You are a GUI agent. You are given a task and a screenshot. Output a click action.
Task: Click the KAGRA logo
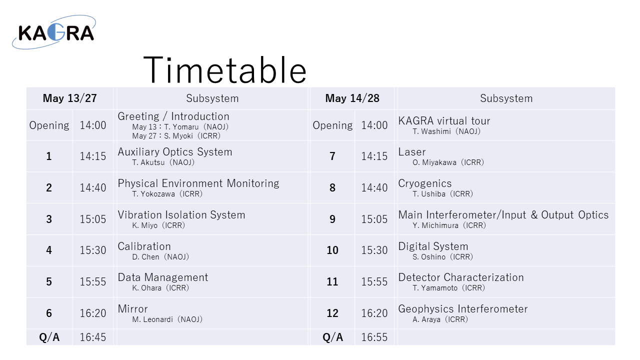[54, 32]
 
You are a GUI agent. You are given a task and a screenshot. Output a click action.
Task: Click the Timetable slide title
[225, 70]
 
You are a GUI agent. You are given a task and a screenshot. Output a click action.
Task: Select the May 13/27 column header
[69, 98]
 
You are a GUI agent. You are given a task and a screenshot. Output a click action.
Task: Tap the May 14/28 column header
[352, 98]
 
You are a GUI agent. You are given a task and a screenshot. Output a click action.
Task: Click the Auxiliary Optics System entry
[175, 151]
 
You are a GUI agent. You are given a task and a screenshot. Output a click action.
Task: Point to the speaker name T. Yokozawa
[153, 194]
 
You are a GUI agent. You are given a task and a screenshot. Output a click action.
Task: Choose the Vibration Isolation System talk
[181, 215]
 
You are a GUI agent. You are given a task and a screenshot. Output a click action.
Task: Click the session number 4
[49, 250]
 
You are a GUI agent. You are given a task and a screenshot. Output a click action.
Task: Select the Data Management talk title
[163, 277]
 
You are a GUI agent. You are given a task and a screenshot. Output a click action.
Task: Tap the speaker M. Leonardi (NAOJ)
[167, 319]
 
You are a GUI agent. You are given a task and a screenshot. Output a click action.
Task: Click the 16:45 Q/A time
[93, 337]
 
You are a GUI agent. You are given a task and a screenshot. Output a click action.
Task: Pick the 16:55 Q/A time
[374, 337]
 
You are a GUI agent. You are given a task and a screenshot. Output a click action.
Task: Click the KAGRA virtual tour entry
[444, 121]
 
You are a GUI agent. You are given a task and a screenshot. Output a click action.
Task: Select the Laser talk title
[412, 152]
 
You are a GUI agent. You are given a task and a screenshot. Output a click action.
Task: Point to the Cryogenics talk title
[425, 183]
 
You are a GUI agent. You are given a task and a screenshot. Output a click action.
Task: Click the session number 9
[332, 219]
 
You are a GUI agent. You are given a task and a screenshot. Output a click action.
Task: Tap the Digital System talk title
[433, 246]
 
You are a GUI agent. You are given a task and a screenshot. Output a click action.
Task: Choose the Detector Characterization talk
[461, 277]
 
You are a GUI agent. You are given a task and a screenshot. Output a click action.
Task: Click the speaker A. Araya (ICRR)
[440, 319]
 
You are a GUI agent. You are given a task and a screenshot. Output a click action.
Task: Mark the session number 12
[332, 313]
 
